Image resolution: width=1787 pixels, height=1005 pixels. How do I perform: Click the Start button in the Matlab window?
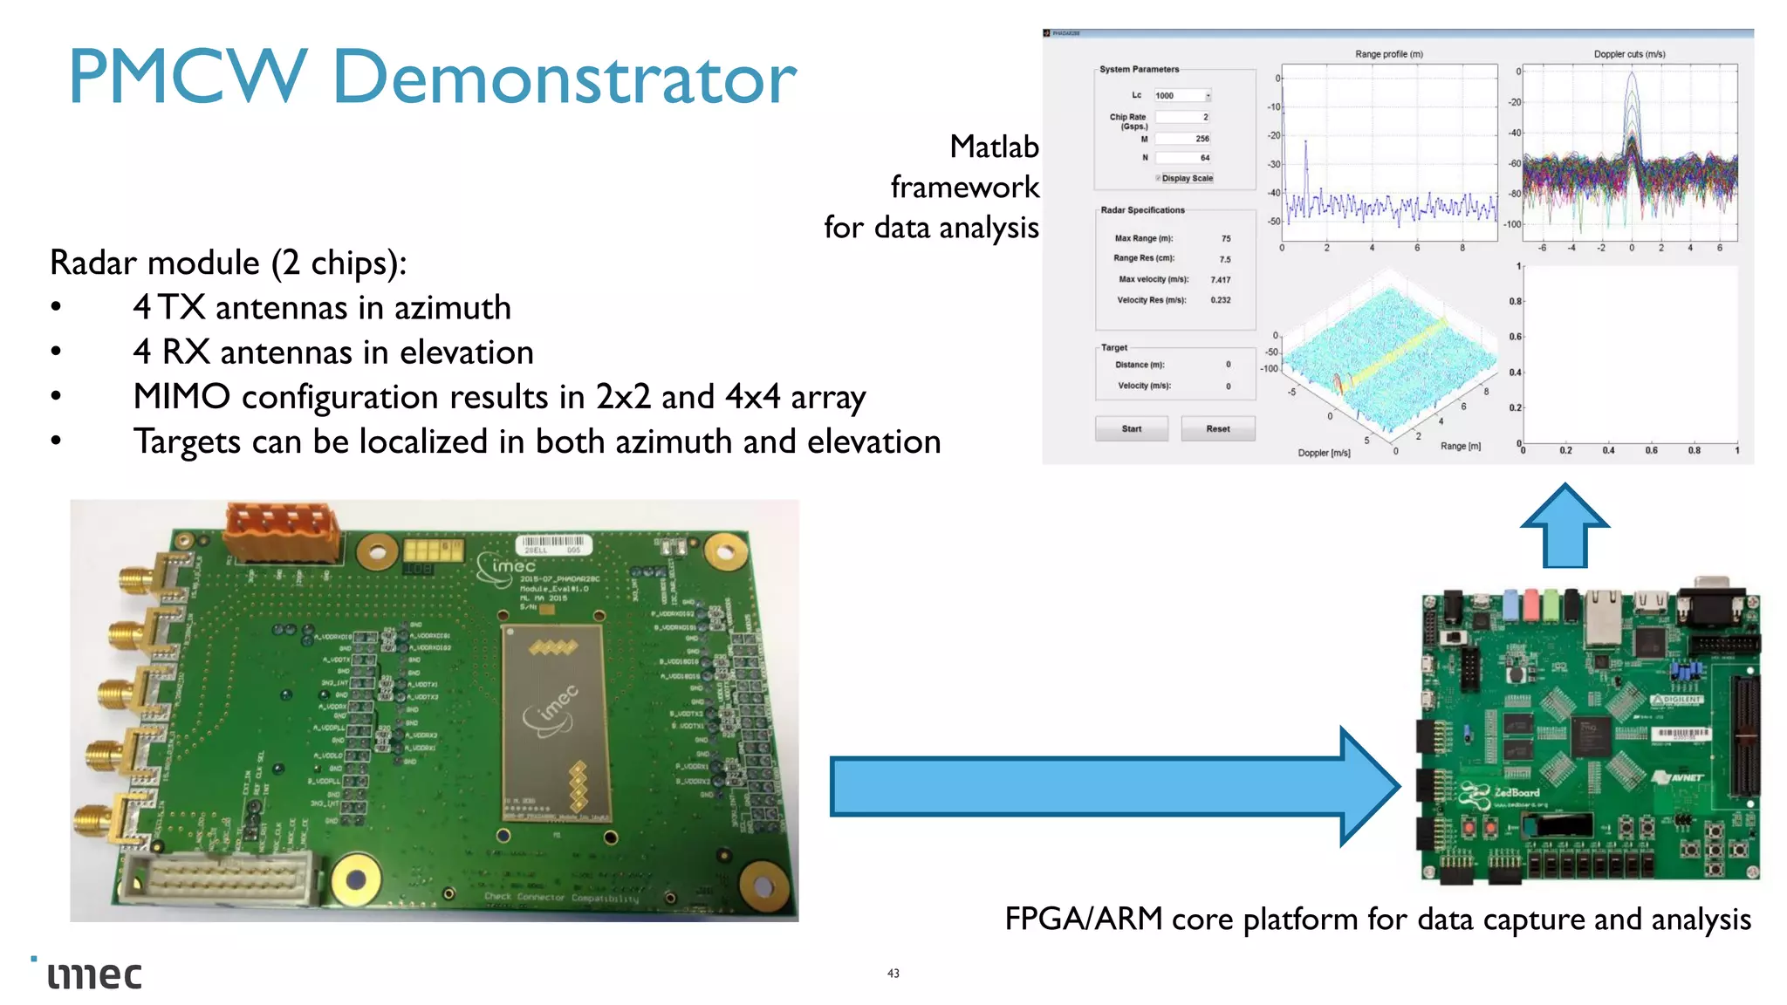[1131, 428]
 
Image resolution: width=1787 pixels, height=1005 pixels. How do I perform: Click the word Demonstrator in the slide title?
[564, 79]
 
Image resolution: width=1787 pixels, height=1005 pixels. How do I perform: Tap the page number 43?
[893, 973]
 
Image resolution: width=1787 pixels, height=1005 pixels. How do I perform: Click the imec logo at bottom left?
[93, 974]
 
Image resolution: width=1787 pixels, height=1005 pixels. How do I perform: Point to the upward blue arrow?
[1564, 527]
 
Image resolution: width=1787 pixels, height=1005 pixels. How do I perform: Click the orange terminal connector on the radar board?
[282, 531]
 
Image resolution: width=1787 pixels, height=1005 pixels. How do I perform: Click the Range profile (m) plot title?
[1388, 54]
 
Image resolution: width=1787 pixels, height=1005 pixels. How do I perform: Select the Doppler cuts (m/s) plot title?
[1629, 54]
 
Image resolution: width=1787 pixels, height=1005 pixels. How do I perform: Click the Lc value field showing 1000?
[1180, 95]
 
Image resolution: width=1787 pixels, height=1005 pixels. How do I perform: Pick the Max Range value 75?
[1226, 238]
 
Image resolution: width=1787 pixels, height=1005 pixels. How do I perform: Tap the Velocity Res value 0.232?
[1221, 300]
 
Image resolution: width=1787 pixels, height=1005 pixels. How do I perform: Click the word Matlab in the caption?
[994, 147]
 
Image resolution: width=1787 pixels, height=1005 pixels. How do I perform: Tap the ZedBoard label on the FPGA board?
[1517, 792]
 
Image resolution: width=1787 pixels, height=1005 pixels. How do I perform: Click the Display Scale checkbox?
[1159, 178]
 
